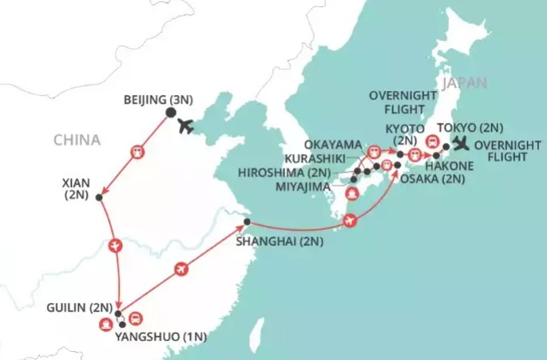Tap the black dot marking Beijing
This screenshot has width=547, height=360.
click(170, 113)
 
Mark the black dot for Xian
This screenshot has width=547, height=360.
click(99, 197)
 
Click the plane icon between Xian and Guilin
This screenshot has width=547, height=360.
click(117, 245)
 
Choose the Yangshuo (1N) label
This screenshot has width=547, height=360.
click(161, 336)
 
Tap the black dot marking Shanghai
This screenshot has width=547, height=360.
click(247, 222)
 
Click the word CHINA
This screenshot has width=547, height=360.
click(77, 140)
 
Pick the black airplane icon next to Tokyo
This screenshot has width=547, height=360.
click(461, 144)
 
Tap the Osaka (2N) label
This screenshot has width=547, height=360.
click(431, 179)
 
